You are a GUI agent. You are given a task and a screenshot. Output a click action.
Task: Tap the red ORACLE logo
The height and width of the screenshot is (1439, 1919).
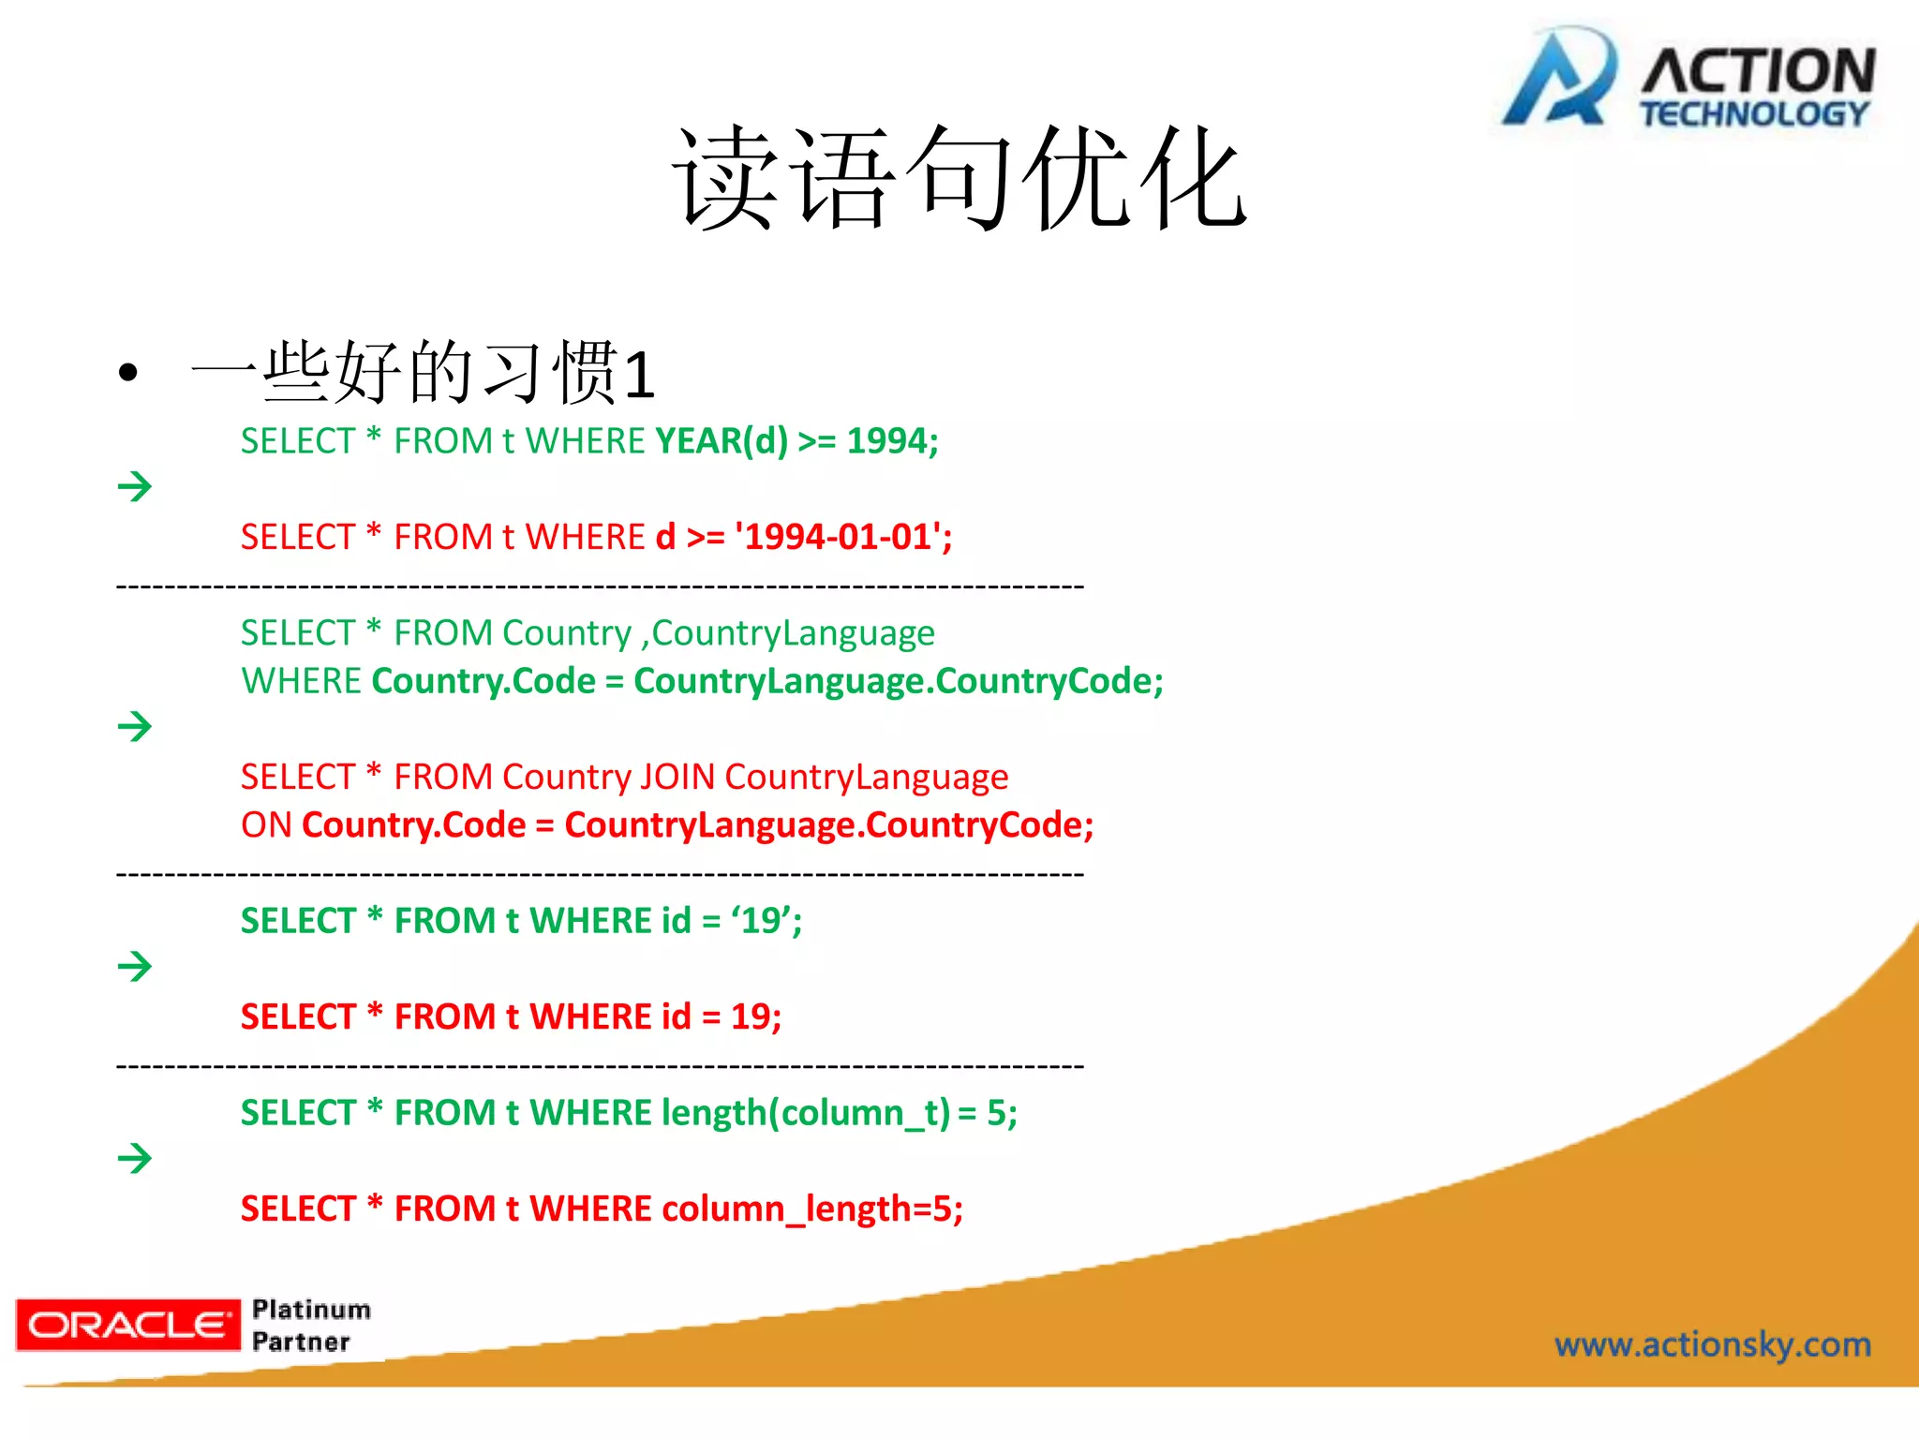point(128,1325)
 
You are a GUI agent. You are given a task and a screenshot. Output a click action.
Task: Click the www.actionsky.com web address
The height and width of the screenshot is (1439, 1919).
point(1712,1344)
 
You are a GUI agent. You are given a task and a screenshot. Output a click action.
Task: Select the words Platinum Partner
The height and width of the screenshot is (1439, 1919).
point(311,1325)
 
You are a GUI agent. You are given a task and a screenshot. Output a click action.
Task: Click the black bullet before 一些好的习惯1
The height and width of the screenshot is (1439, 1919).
point(128,373)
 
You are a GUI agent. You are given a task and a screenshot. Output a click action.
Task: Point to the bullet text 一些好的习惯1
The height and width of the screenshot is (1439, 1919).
point(422,373)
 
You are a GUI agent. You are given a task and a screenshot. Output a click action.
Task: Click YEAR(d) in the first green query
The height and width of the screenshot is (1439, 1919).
point(721,440)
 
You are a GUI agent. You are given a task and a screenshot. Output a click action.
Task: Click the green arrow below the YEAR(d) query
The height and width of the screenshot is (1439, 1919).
point(135,486)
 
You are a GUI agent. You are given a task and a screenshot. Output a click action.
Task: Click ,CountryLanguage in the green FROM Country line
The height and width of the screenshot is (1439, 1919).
point(788,633)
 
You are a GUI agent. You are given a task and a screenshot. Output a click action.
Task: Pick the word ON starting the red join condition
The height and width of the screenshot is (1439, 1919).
point(266,825)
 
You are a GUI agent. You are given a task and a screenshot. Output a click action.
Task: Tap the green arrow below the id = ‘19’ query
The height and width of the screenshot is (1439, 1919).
point(135,966)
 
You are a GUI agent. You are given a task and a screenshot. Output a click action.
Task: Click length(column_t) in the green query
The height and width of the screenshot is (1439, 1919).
point(806,1113)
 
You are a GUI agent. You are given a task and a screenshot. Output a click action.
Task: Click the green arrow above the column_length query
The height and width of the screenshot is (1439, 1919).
point(135,1158)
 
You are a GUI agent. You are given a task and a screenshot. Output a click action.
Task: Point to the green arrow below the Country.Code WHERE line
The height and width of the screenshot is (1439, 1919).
point(135,726)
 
